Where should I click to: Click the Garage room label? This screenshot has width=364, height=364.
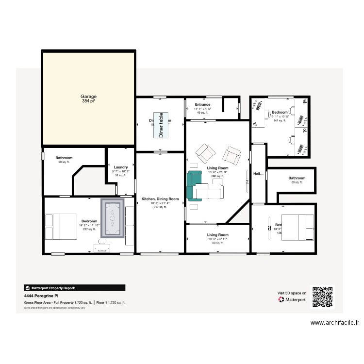pos(88,97)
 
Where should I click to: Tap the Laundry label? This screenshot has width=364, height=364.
pos(121,167)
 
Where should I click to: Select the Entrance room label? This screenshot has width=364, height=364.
pos(202,105)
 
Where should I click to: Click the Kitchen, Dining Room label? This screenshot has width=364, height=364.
pos(160,199)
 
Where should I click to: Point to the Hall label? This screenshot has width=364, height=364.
pos(259,173)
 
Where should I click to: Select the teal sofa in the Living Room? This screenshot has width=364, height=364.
pos(194,185)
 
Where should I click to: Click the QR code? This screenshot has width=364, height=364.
pos(323,297)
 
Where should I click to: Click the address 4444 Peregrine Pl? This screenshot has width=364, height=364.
pos(39,295)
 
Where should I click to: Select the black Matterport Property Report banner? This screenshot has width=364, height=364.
pos(75,287)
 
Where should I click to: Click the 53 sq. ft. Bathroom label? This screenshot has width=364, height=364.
pos(297,178)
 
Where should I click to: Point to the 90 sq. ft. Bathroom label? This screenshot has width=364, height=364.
pos(64,158)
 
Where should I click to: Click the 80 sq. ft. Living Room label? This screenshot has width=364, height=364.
pos(217,235)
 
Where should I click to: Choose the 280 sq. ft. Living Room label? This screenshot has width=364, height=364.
pos(217,168)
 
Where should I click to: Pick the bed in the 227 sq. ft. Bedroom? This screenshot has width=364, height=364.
pos(62,226)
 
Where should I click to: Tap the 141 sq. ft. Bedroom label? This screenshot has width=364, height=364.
pos(280,112)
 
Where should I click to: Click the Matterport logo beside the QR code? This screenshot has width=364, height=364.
pos(281,300)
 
